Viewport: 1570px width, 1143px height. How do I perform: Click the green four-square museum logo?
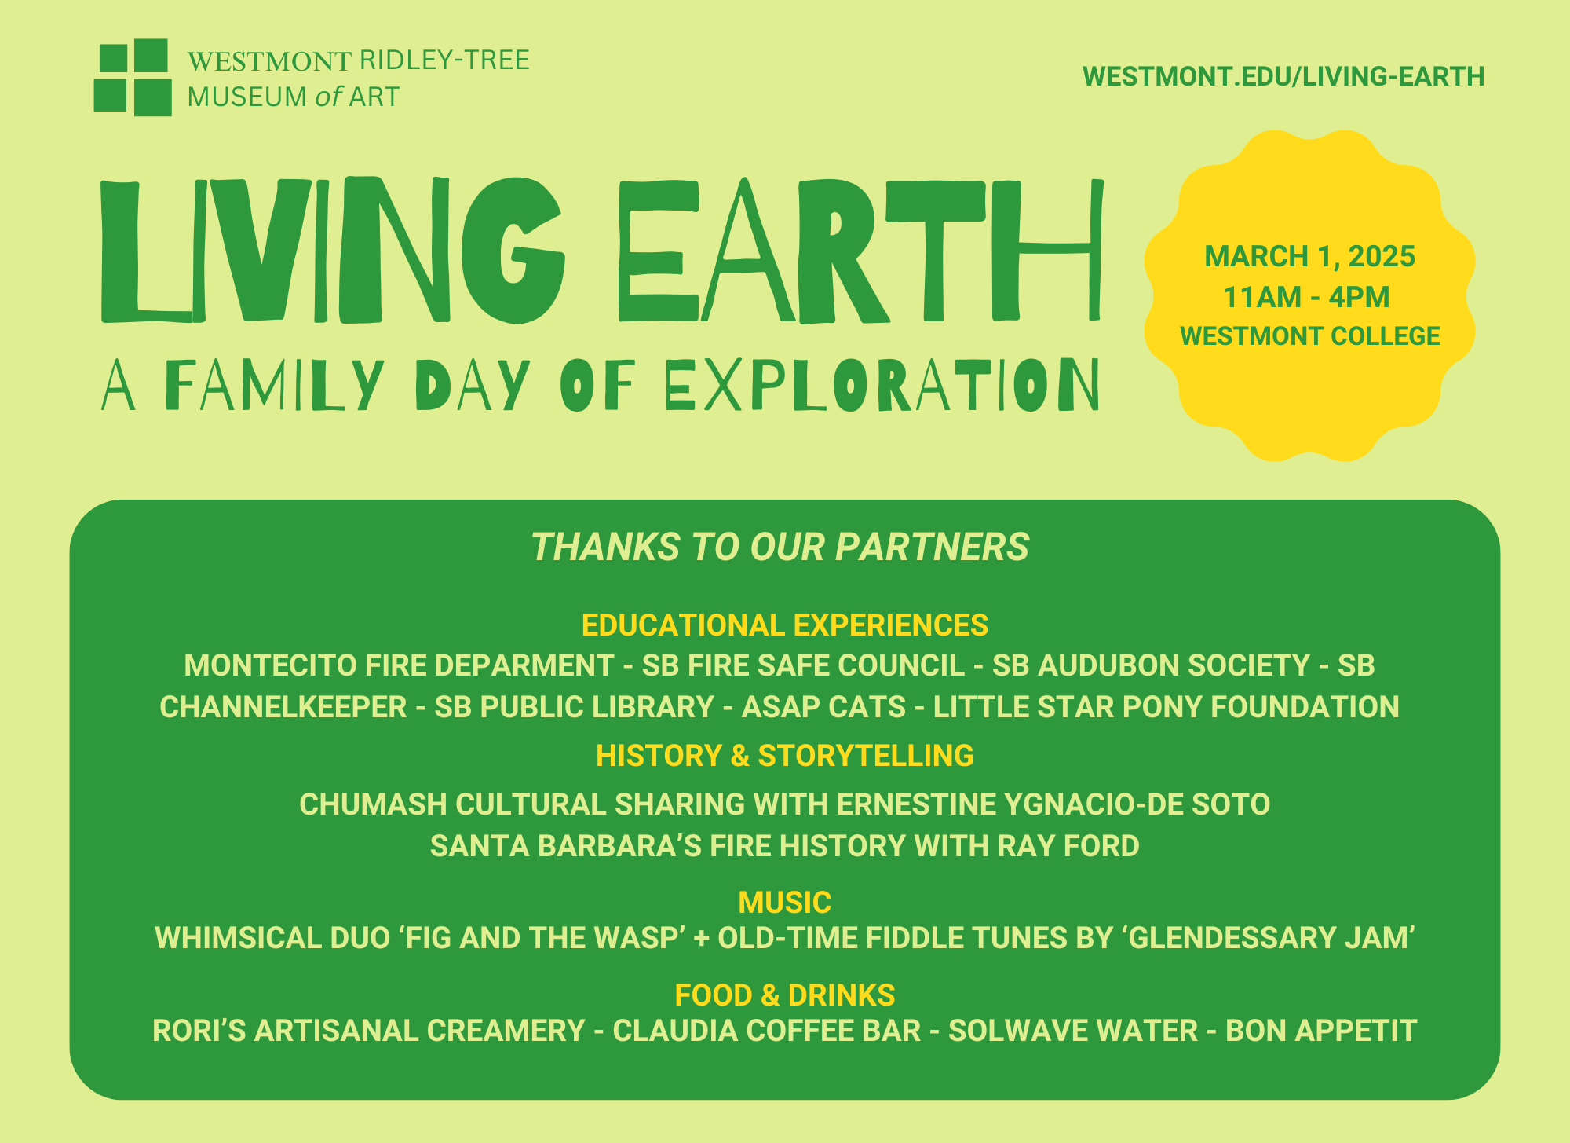point(133,78)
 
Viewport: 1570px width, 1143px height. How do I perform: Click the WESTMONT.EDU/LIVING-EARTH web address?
point(1283,77)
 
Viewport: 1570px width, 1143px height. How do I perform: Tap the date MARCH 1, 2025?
point(1309,257)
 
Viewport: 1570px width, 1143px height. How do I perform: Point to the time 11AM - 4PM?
point(1306,298)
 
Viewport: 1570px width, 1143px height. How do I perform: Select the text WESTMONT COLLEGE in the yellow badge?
point(1309,336)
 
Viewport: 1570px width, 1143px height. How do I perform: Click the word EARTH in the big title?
point(860,250)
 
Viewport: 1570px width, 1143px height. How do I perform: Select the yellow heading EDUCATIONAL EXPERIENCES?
point(784,625)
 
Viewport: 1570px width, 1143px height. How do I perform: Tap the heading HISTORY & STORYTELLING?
point(784,756)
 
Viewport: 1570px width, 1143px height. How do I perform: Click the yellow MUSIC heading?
point(784,903)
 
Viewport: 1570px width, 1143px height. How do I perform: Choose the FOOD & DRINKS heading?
point(784,995)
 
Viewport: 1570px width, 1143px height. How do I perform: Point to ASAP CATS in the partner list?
point(823,707)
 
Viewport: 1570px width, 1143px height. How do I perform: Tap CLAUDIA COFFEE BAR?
point(766,1031)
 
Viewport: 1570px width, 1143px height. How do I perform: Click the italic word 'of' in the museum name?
point(329,97)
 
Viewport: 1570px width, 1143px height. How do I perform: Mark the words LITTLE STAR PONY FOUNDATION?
point(1166,707)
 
